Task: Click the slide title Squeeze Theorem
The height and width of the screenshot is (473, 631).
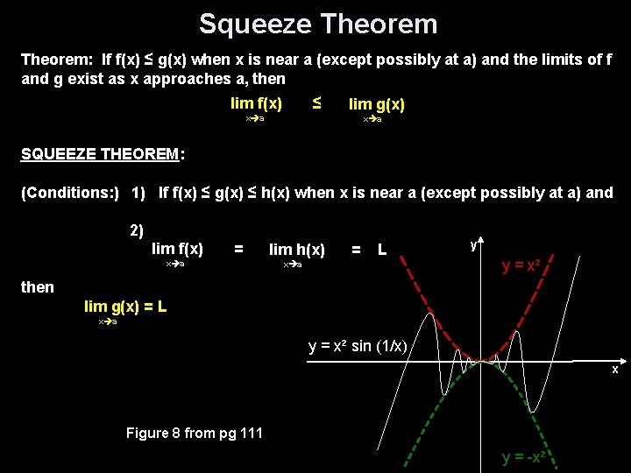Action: [317, 24]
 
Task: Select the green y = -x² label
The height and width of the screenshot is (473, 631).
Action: [526, 457]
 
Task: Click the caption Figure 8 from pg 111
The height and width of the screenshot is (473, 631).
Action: [194, 433]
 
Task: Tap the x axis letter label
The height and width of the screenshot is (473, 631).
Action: [614, 370]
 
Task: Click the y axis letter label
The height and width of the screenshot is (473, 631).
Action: [473, 245]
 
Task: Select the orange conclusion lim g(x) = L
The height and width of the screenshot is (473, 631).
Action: [125, 307]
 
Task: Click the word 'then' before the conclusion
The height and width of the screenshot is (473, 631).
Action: [37, 287]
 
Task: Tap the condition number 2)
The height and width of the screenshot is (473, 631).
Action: [136, 231]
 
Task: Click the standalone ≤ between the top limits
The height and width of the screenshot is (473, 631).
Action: [316, 103]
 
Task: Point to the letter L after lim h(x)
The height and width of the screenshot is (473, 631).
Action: [382, 251]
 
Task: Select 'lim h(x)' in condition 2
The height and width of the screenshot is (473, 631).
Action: [296, 251]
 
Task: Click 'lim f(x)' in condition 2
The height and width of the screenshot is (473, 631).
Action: [177, 250]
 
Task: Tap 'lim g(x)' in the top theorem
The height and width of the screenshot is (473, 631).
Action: [377, 105]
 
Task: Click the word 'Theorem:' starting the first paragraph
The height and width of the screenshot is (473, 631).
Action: [56, 60]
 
